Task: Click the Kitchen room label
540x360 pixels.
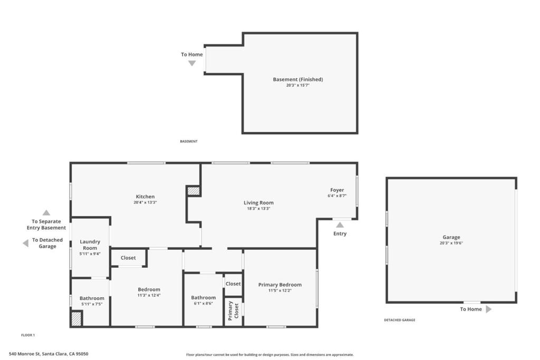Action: (145, 197)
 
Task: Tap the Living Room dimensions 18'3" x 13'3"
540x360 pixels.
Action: (258, 208)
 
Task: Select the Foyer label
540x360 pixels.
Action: (337, 190)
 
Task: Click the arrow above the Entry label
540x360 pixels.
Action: (340, 225)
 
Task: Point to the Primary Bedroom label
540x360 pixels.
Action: (279, 285)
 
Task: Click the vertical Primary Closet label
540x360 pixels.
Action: (233, 310)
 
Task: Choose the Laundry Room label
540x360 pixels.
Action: (90, 245)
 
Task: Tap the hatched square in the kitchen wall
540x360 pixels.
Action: (194, 191)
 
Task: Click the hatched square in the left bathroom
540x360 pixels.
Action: (76, 319)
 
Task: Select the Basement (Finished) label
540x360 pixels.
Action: (297, 80)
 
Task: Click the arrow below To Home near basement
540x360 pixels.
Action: (192, 63)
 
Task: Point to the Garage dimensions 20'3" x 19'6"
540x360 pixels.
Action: (451, 243)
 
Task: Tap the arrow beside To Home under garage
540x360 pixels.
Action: (488, 309)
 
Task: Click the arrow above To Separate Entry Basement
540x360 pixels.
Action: (46, 213)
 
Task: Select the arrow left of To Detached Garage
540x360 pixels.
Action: (25, 243)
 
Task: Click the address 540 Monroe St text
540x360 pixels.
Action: (49, 354)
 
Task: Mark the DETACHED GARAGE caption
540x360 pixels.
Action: (399, 320)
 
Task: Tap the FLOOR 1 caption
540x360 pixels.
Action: (27, 335)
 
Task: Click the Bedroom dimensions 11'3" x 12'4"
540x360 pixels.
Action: (149, 295)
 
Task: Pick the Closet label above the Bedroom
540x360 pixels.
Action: (128, 258)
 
